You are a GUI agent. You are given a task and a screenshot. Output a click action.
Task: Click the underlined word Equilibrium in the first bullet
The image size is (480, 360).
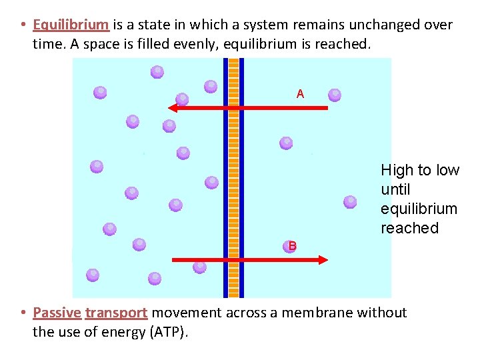coord(71,26)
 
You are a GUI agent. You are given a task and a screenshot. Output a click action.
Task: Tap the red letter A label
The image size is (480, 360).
coord(300,95)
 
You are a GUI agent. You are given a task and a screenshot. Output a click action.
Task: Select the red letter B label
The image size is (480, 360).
coord(292,247)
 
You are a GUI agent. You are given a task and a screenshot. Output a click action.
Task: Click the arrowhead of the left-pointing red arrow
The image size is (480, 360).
coord(173,107)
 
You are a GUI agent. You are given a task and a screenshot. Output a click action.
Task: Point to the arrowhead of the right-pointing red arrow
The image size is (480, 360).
coord(323,259)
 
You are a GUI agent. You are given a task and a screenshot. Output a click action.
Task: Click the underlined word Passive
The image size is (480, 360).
coord(57,313)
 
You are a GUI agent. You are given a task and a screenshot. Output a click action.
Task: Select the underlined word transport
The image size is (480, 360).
coord(116,313)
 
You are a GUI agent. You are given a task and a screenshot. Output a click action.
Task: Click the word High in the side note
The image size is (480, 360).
coord(397,171)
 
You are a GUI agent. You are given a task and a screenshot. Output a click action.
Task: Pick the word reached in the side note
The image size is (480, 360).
coord(409,228)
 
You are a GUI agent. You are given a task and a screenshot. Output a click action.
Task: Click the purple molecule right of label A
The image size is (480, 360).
coord(335,95)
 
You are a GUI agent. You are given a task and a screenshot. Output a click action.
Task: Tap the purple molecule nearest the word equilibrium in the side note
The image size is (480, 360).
coord(350,201)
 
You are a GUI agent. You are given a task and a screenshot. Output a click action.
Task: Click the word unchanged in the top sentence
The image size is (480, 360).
coord(387,26)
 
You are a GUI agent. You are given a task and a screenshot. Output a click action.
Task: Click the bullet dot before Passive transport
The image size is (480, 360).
coord(23,313)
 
